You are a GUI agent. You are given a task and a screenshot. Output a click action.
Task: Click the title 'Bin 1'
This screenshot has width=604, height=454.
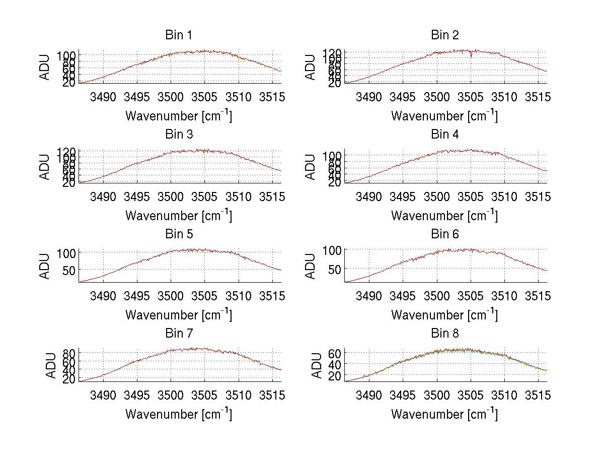tap(179, 35)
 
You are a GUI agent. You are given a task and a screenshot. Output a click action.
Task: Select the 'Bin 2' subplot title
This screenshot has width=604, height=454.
tap(445, 35)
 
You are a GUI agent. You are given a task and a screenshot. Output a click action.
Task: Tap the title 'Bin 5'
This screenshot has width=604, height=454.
tap(179, 234)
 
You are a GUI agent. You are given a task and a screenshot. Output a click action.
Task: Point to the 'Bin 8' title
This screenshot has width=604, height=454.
tap(445, 334)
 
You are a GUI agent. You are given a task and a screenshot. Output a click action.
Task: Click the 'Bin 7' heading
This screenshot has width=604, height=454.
tap(179, 334)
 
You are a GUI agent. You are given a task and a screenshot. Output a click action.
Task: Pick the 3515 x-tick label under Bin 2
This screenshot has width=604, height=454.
tap(539, 97)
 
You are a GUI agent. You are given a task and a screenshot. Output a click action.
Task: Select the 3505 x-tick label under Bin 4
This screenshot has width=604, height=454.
tap(471, 197)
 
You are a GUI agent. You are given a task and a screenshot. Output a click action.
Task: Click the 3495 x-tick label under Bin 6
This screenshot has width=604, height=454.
tap(403, 296)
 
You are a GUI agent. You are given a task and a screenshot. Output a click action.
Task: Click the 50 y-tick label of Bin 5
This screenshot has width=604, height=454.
tap(69, 270)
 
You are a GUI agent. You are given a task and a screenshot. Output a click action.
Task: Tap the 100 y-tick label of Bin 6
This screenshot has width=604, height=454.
tap(332, 250)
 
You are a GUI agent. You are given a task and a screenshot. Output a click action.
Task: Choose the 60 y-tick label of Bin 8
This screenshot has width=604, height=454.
tap(335, 353)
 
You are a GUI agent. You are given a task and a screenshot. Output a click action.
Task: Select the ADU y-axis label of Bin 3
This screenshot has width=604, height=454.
tap(45, 167)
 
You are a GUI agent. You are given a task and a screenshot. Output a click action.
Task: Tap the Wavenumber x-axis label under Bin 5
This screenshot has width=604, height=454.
tap(179, 314)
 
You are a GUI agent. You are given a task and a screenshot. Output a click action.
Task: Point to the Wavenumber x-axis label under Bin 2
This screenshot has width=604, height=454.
tap(445, 115)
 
